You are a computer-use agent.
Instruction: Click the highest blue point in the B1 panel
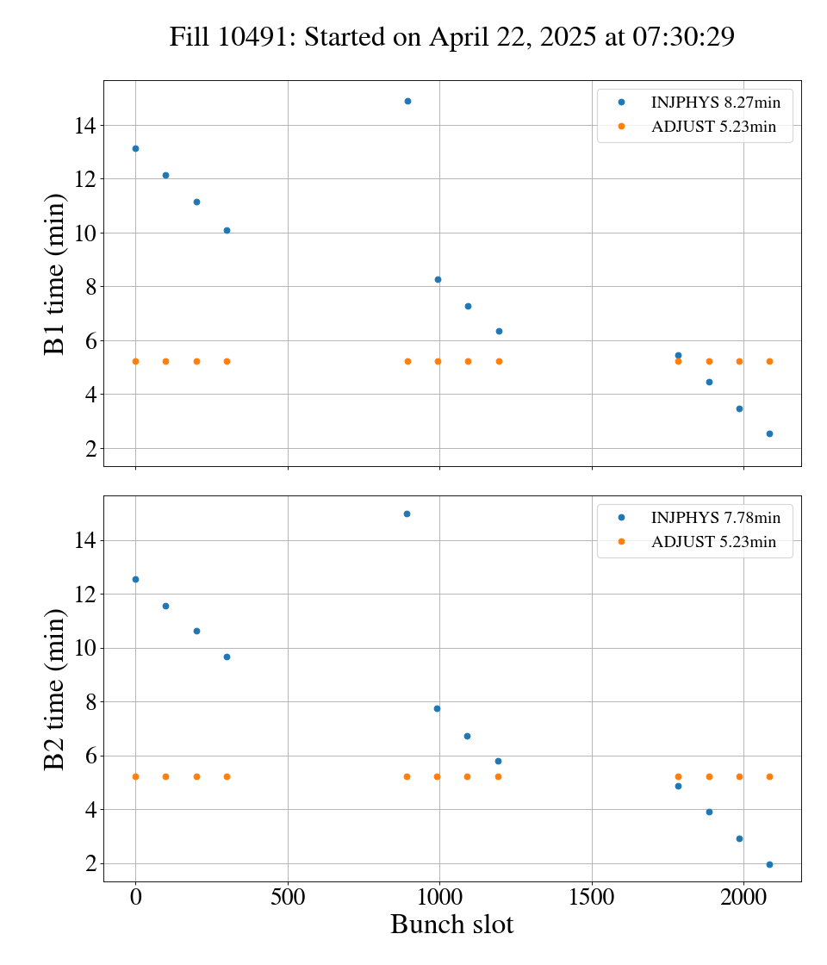click(407, 101)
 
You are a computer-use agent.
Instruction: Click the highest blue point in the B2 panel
click(407, 514)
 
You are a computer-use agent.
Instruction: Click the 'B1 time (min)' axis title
click(56, 274)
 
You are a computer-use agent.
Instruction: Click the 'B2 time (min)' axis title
click(56, 688)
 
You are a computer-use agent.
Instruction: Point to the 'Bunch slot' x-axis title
click(451, 925)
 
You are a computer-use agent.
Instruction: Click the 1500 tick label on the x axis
click(592, 896)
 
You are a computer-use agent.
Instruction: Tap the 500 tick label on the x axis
click(288, 896)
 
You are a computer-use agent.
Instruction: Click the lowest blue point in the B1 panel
click(769, 433)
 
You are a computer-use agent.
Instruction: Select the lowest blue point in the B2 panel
click(769, 864)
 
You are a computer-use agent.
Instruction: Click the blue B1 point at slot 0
click(135, 148)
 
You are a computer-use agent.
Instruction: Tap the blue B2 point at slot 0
click(135, 579)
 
